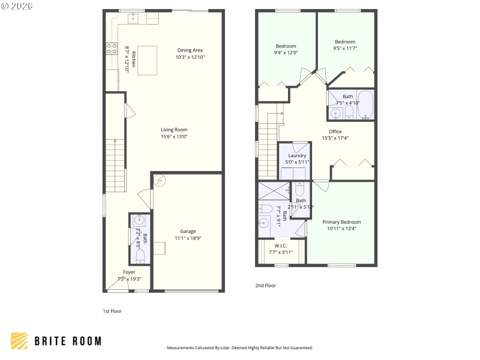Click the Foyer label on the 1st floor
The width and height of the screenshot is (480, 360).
(129, 272)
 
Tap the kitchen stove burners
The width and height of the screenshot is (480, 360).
(111, 49)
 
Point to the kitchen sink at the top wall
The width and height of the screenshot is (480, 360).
(133, 18)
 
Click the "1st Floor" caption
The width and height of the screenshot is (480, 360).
(112, 311)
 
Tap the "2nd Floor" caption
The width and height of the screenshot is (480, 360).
(266, 286)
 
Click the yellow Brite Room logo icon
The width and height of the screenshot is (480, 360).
(19, 341)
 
